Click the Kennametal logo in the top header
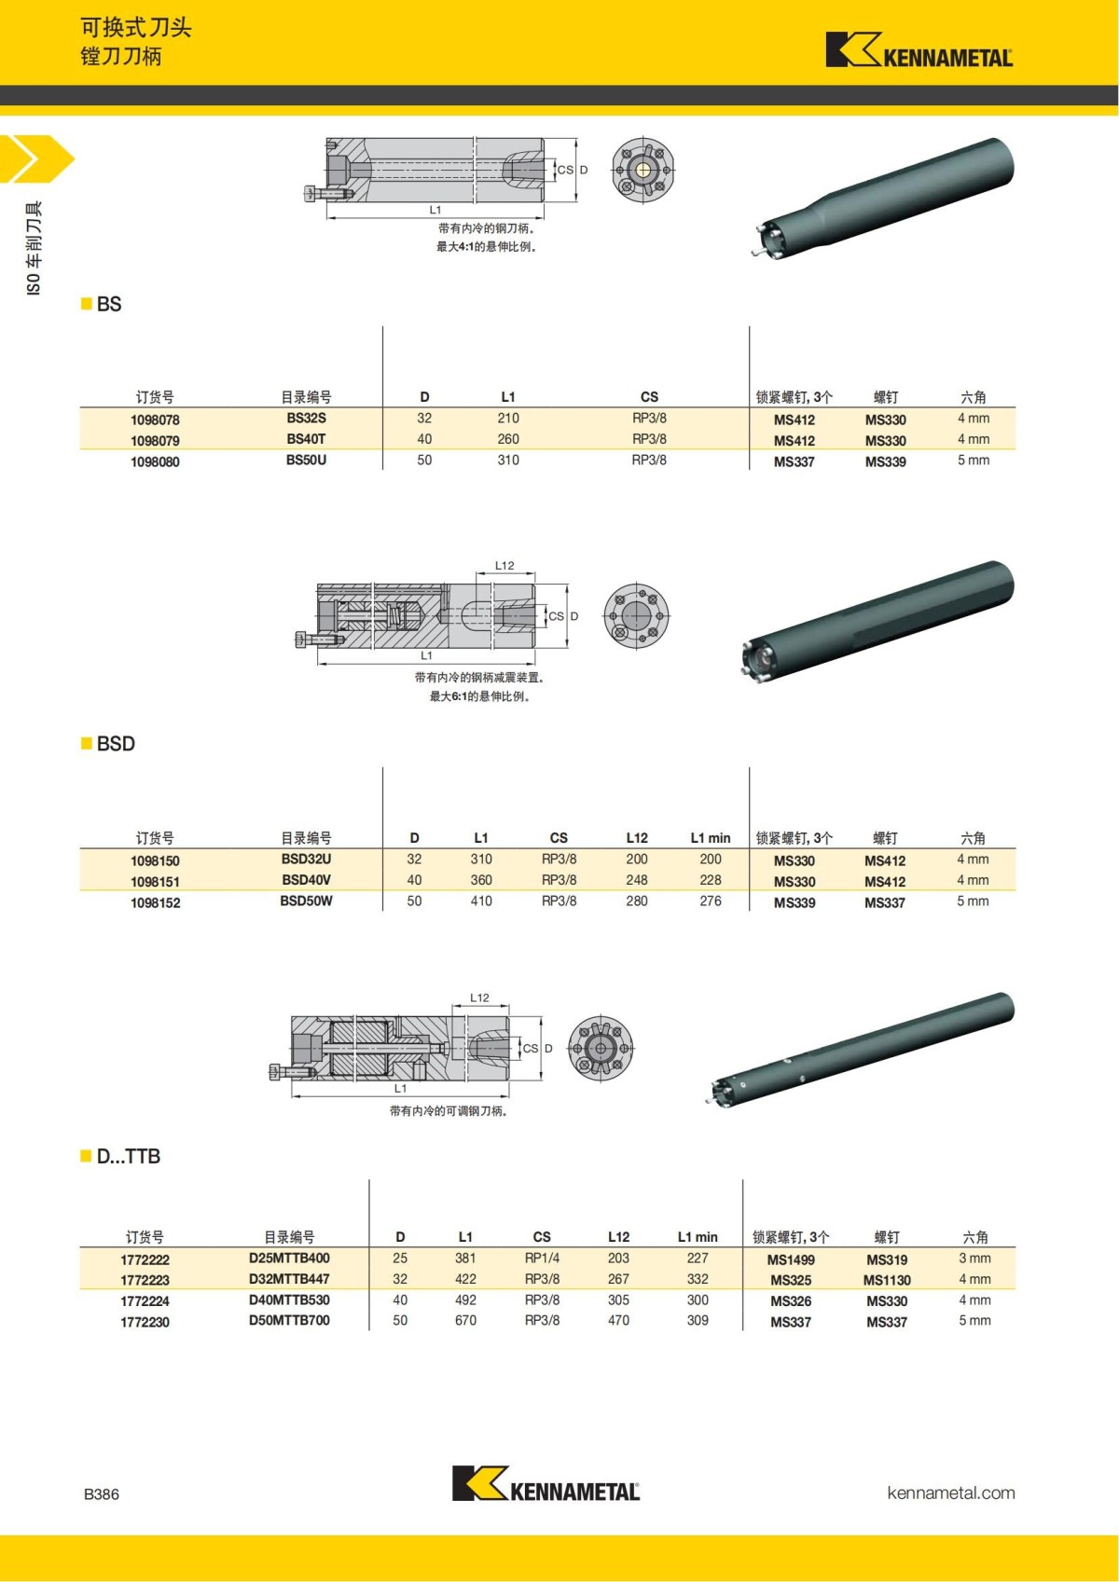(x=919, y=50)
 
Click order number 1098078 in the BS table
(x=155, y=420)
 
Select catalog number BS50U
(x=306, y=461)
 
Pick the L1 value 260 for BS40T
(x=508, y=439)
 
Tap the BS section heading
(x=108, y=305)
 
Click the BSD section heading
(x=116, y=744)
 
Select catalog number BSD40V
(x=306, y=880)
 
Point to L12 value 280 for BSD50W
(x=637, y=901)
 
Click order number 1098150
(x=155, y=861)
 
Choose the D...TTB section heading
(x=128, y=1157)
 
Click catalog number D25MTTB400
(x=289, y=1259)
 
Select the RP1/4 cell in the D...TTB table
(x=542, y=1259)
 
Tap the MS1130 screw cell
(x=887, y=1281)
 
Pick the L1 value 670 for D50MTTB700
(x=465, y=1321)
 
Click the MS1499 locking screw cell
(x=791, y=1259)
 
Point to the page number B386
(x=102, y=1494)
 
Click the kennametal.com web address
(x=950, y=1493)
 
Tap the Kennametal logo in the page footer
(x=546, y=1484)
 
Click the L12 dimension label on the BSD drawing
(x=504, y=566)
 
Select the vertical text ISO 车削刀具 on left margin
(x=34, y=248)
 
